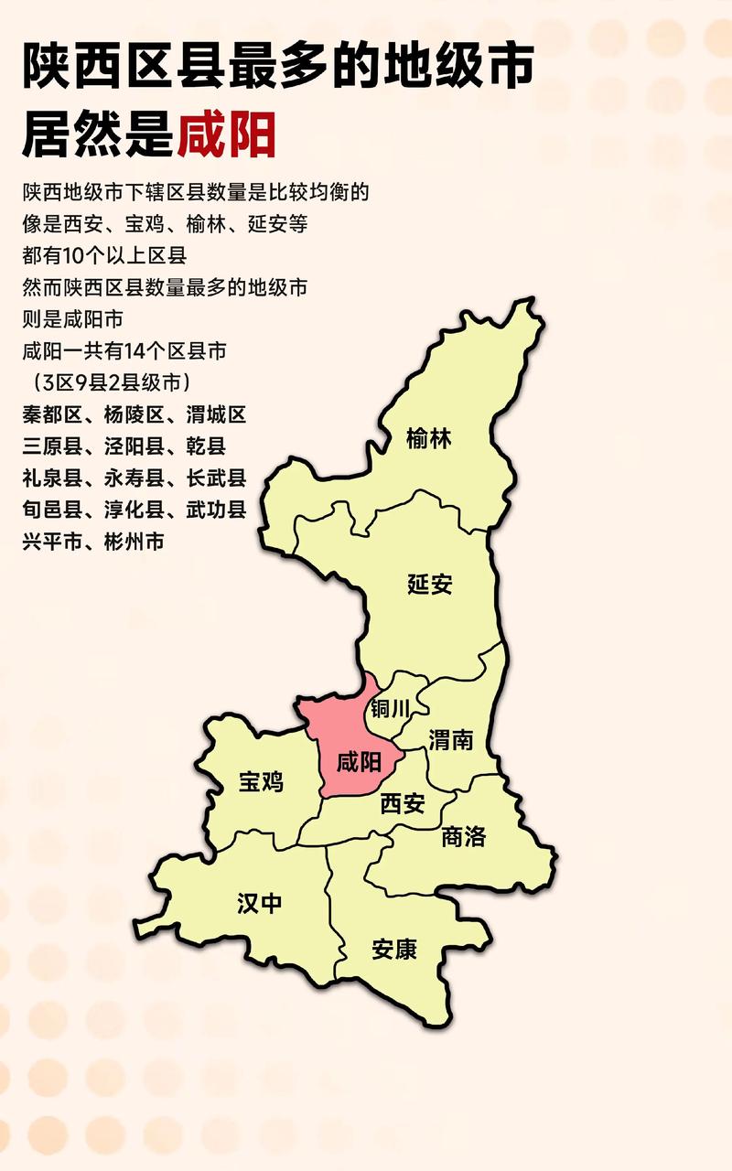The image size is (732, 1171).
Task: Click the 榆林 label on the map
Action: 430,439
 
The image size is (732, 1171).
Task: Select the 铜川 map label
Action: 391,709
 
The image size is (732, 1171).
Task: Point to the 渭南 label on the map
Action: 451,739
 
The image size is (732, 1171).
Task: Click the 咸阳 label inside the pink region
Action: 359,763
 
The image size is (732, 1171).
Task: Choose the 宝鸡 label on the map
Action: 262,781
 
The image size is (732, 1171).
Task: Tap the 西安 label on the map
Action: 403,804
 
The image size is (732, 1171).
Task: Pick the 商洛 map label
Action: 463,836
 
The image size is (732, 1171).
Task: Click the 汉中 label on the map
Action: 260,903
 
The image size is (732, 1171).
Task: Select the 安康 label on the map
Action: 394,950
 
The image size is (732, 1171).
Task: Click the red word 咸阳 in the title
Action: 226,135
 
